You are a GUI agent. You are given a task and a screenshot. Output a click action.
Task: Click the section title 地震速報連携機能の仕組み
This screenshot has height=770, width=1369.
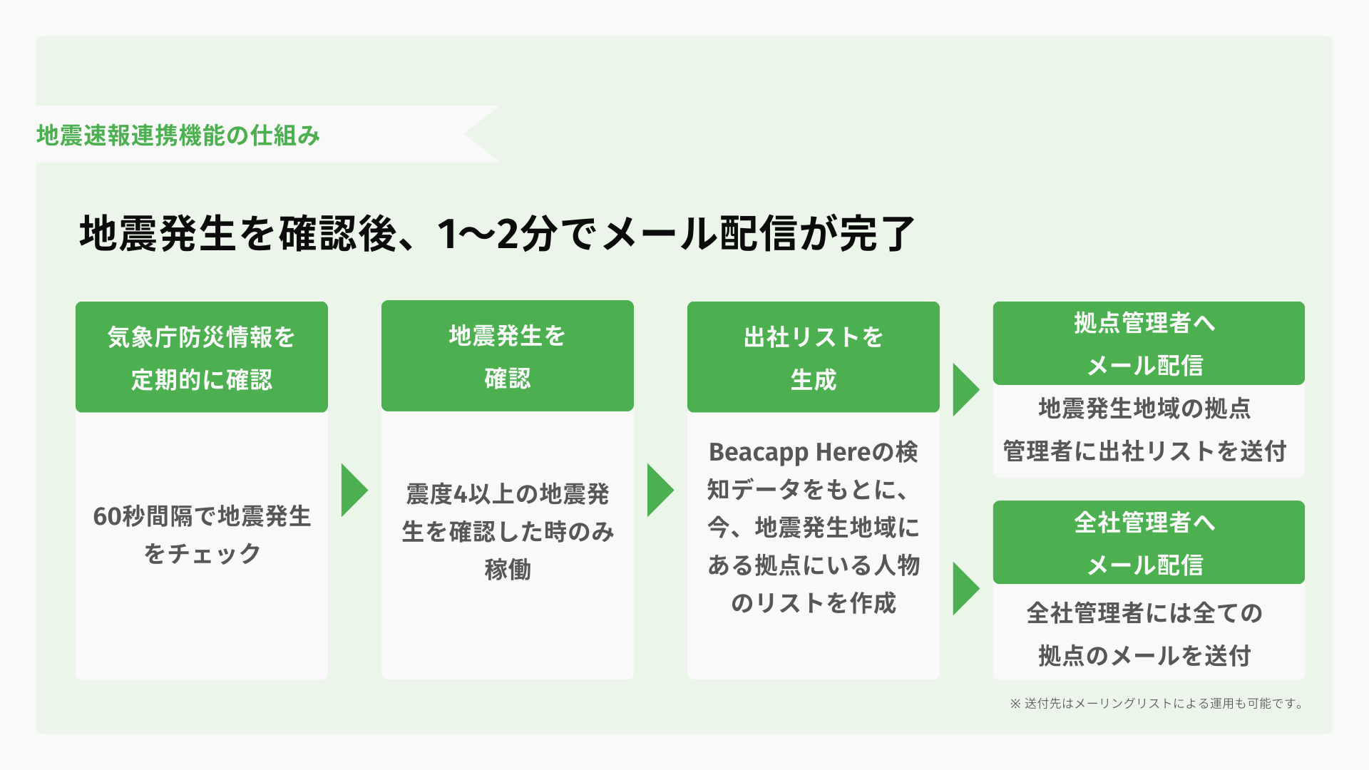click(x=178, y=135)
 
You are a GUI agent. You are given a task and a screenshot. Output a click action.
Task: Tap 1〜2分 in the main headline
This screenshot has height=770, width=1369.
click(x=497, y=234)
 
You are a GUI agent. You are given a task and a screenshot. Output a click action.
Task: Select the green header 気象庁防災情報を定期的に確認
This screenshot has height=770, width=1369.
click(x=202, y=357)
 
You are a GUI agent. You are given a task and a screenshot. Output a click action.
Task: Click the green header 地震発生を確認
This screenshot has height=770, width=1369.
click(x=507, y=356)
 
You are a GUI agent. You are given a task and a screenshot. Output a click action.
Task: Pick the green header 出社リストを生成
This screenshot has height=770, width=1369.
click(x=813, y=357)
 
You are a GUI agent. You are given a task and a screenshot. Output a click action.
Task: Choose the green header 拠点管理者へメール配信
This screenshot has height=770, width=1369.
click(x=1148, y=344)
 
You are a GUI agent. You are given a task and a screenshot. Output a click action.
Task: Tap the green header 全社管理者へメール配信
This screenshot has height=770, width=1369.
click(x=1148, y=543)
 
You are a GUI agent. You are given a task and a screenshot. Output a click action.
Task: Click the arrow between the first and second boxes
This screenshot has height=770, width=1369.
click(x=354, y=491)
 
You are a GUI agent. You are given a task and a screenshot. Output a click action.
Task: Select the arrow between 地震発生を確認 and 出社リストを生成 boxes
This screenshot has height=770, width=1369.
click(x=660, y=491)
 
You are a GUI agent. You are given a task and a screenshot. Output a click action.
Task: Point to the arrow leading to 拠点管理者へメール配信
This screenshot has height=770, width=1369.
click(x=965, y=390)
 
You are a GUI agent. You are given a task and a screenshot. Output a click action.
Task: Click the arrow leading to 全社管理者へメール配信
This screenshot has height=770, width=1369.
click(x=965, y=589)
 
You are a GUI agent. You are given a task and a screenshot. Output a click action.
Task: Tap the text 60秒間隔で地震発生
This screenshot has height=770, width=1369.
click(x=202, y=516)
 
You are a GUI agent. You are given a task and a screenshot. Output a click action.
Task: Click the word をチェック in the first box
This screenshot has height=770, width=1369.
click(x=202, y=554)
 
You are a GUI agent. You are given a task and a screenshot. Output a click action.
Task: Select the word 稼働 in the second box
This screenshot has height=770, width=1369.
click(x=507, y=570)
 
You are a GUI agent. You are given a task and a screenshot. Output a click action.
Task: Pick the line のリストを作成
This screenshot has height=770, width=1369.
click(x=813, y=603)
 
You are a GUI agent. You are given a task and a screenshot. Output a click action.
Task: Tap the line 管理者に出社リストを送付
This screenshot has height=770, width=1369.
click(x=1144, y=451)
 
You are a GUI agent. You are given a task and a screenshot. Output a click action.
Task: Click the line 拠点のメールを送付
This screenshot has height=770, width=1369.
click(x=1144, y=656)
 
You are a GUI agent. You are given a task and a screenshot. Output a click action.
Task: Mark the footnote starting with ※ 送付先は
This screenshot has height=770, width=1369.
click(x=1157, y=704)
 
